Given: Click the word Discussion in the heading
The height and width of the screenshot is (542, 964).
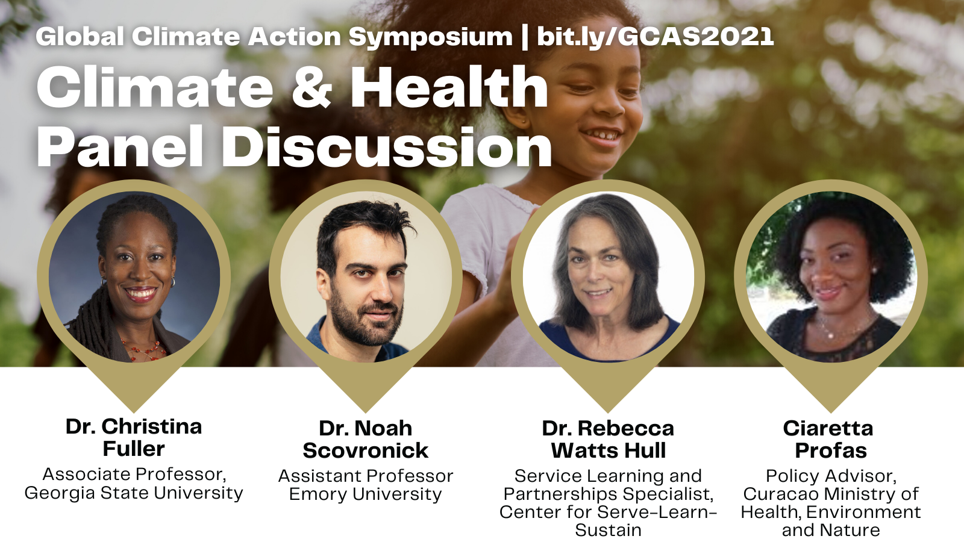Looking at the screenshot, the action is tap(386, 147).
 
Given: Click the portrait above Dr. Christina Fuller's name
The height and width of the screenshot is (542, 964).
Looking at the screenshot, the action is tap(134, 276).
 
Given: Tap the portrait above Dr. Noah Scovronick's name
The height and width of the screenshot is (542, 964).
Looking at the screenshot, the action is tap(366, 276).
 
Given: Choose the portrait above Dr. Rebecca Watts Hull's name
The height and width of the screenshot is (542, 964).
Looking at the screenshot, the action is tap(608, 276).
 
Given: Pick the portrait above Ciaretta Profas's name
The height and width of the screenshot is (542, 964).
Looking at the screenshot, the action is tap(831, 276).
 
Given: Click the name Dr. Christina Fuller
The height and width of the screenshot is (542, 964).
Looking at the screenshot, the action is tap(134, 437).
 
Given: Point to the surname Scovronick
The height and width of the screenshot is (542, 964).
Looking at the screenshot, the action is tap(366, 450).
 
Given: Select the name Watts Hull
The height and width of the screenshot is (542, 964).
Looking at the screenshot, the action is tap(609, 450).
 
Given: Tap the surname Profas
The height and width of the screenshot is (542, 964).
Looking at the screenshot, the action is tap(831, 450).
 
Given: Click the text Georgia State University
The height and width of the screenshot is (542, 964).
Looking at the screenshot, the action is tap(134, 493).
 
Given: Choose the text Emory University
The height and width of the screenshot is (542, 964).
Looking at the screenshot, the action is tap(366, 494).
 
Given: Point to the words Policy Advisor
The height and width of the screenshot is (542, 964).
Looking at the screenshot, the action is tap(831, 476).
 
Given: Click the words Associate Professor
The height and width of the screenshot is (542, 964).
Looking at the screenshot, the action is tap(134, 475).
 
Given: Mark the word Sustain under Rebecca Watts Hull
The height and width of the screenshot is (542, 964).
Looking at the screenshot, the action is tap(609, 531).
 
